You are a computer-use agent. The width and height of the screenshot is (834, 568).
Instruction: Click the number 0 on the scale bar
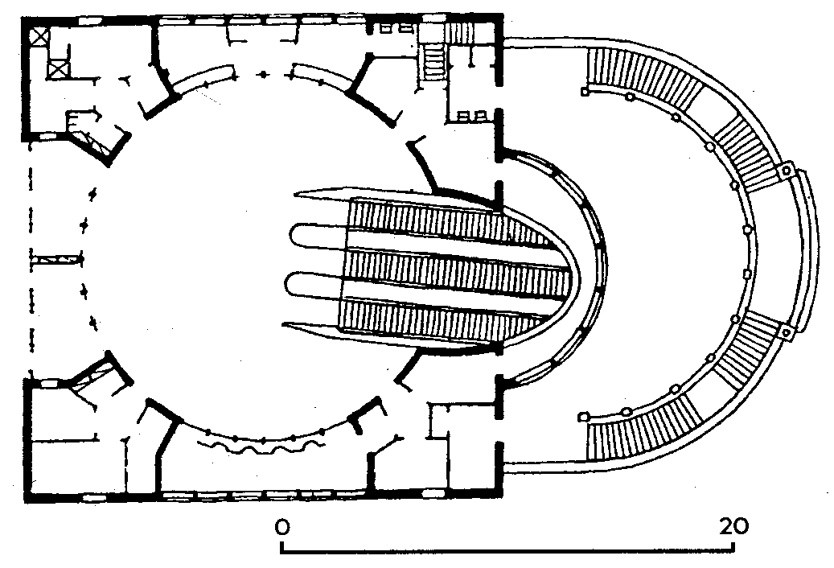tap(282, 527)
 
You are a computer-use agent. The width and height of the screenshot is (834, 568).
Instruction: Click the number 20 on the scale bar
tap(734, 526)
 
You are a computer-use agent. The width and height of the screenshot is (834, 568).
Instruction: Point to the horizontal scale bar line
tap(507, 552)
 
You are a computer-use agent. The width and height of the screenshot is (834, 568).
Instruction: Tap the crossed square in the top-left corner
tap(39, 37)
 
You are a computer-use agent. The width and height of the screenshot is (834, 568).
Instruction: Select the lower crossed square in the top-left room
tap(57, 69)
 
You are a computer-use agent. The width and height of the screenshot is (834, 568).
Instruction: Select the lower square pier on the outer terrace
tap(786, 333)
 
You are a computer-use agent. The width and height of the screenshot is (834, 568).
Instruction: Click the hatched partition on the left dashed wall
tap(56, 260)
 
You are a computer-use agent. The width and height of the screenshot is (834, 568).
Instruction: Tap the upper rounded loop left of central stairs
tap(317, 236)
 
